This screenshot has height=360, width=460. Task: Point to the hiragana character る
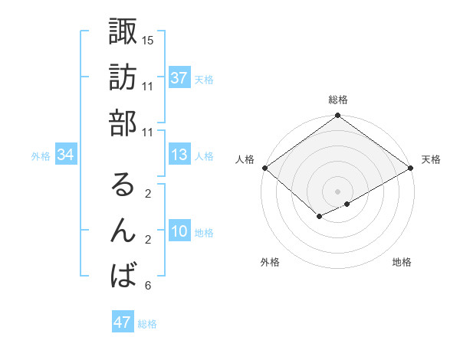click(x=123, y=185)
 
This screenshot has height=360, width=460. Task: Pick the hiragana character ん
click(x=123, y=231)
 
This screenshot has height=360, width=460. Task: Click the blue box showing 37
click(x=179, y=78)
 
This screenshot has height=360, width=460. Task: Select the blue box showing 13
click(x=179, y=155)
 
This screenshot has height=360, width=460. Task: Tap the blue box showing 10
click(x=179, y=232)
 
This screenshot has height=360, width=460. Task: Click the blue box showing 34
click(x=65, y=155)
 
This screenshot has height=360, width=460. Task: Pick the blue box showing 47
click(x=123, y=322)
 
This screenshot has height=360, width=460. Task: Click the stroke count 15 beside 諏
click(x=148, y=40)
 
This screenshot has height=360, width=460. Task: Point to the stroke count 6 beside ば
click(x=147, y=286)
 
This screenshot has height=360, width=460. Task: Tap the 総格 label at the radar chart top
click(x=338, y=100)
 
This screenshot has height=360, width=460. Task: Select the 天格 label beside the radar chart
click(x=432, y=159)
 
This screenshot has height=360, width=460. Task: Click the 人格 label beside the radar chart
click(x=245, y=159)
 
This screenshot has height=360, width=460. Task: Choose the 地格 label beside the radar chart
click(x=402, y=263)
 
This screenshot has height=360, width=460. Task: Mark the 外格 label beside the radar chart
click(x=270, y=263)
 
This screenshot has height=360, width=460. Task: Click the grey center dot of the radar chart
click(x=337, y=190)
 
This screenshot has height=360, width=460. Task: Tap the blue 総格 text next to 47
click(x=147, y=324)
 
